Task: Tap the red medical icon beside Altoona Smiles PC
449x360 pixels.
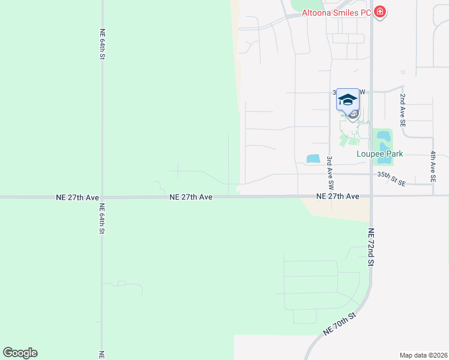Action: pos(379,11)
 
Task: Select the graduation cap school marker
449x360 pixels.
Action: pos(347,99)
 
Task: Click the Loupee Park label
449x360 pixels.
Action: pos(379,154)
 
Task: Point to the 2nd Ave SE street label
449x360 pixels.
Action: pos(403,110)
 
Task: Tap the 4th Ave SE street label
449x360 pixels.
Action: pos(433,166)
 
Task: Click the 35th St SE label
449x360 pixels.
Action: pos(391,178)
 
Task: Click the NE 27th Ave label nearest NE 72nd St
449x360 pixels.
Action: pos(338,196)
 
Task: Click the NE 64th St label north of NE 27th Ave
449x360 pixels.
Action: pos(103,44)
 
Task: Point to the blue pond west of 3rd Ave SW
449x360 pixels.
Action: pos(313,159)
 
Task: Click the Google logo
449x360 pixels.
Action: pos(20,353)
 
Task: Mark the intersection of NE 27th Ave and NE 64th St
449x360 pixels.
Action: pos(103,196)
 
